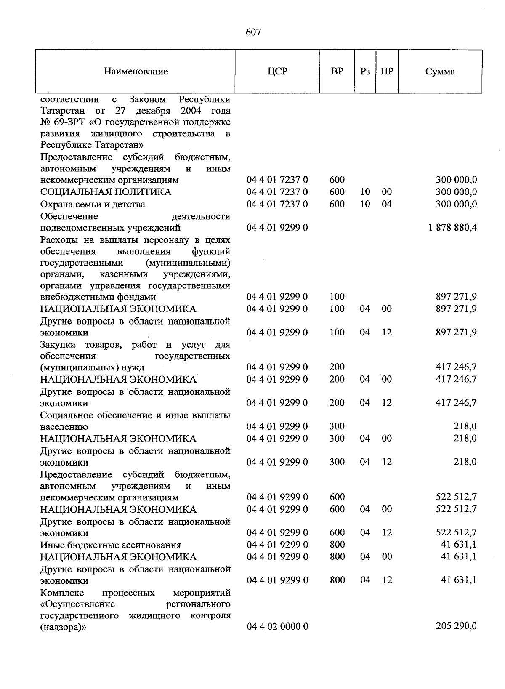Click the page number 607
pyautogui.click(x=253, y=32)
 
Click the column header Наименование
pyautogui.click(x=136, y=72)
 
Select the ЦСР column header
pyautogui.click(x=277, y=72)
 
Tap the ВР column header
pyautogui.click(x=337, y=72)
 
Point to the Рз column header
pyautogui.click(x=365, y=72)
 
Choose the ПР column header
pyautogui.click(x=387, y=72)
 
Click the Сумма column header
pyautogui.click(x=440, y=72)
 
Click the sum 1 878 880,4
pyautogui.click(x=453, y=228)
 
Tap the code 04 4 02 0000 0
pyautogui.click(x=277, y=627)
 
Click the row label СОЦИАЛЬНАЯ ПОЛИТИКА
pyautogui.click(x=106, y=192)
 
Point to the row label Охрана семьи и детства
pyautogui.click(x=93, y=205)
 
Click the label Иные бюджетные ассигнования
pyautogui.click(x=111, y=545)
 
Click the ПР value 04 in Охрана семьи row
pyautogui.click(x=386, y=204)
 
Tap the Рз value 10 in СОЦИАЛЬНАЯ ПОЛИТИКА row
pyautogui.click(x=365, y=192)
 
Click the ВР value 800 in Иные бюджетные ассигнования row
pyautogui.click(x=337, y=545)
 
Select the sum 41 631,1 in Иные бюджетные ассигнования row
pyautogui.click(x=459, y=545)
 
